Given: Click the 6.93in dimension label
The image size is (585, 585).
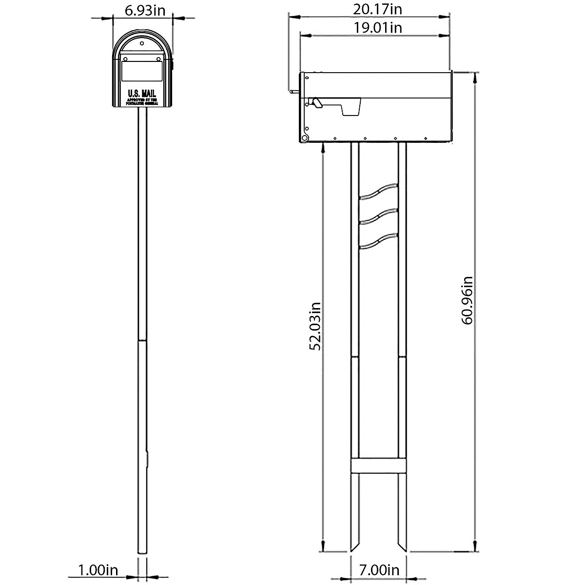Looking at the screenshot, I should click(x=143, y=10).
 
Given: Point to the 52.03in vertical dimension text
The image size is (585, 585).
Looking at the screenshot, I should click(x=315, y=326).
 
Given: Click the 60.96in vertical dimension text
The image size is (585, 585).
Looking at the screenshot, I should click(x=467, y=300).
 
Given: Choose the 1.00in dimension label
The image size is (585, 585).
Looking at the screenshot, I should click(x=98, y=570).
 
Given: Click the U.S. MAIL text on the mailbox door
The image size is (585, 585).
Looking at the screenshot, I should click(x=142, y=93).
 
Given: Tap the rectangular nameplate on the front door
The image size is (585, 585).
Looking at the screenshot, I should click(x=142, y=71).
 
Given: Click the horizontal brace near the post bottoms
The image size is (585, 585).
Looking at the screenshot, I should click(x=378, y=466).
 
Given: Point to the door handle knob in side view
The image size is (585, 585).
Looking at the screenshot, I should click(x=292, y=91).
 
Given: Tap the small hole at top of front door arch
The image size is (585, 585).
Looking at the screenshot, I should click(x=142, y=44).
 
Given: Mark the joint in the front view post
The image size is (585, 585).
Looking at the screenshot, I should click(x=142, y=340).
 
